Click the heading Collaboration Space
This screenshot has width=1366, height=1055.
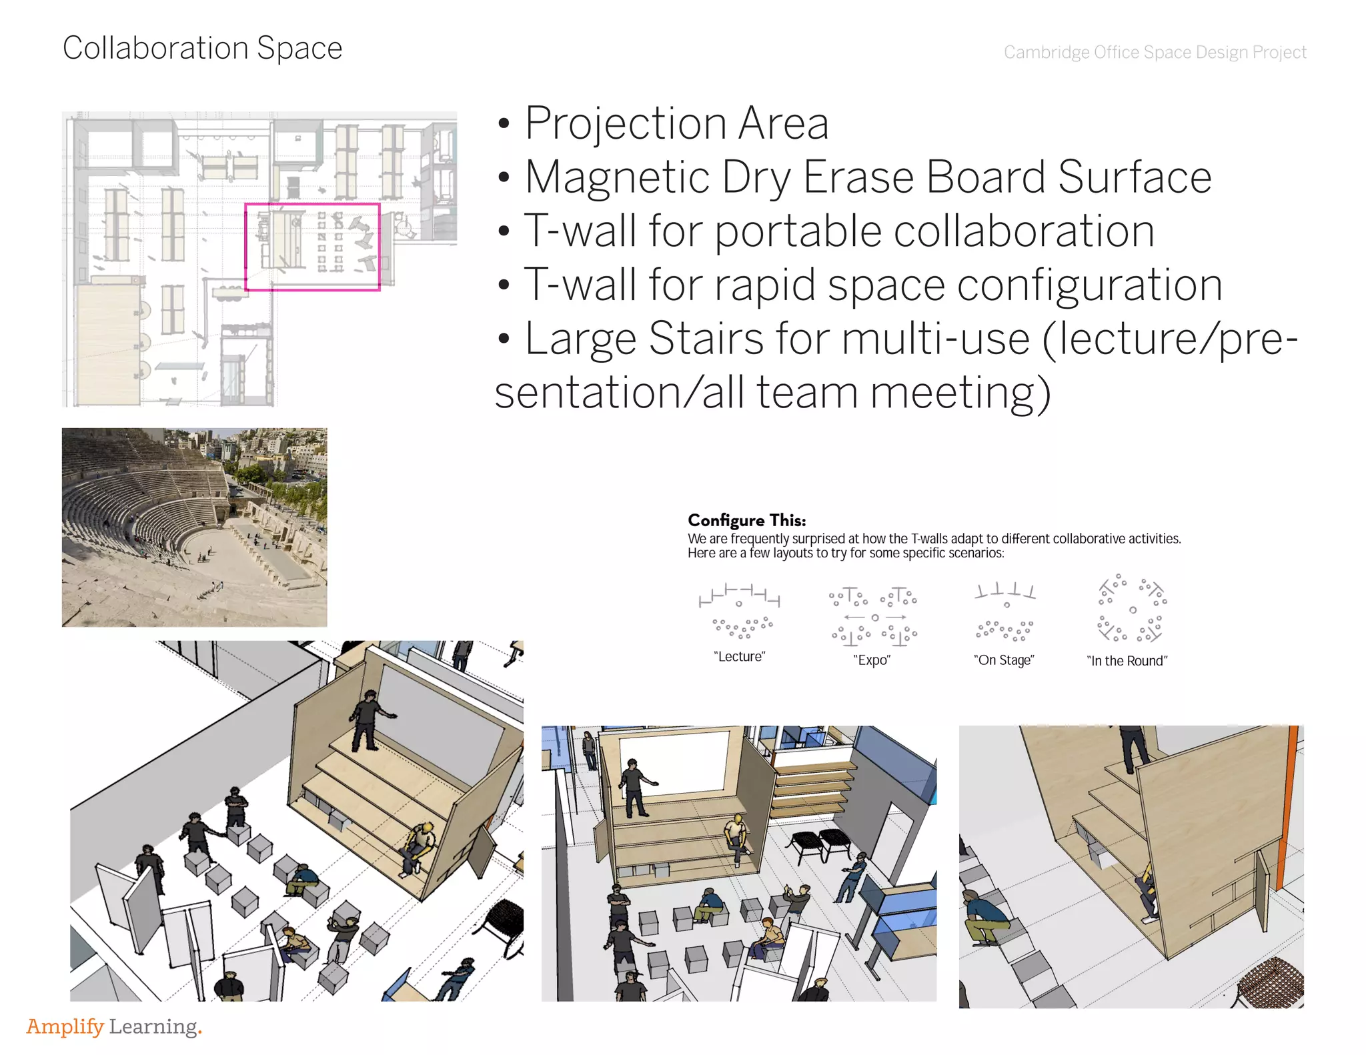tap(202, 48)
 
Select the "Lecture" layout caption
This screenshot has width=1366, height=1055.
tap(739, 656)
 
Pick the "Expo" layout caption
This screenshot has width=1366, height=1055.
tap(872, 660)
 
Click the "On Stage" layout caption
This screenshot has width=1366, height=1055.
tap(1004, 660)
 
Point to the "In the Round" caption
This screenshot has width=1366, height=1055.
tap(1127, 661)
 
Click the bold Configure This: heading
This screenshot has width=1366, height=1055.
tap(746, 520)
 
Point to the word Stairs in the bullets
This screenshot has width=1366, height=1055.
tap(706, 339)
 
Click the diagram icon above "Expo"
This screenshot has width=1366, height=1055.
tap(874, 617)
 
